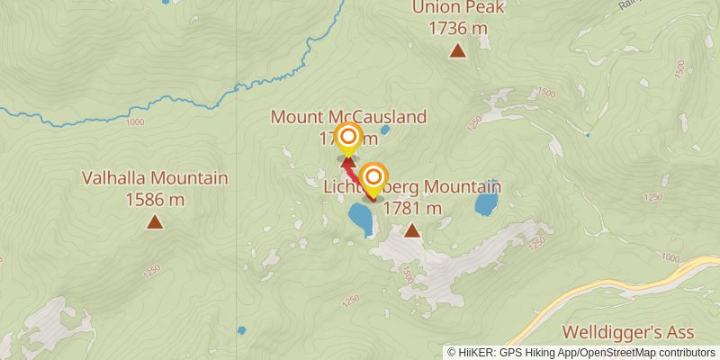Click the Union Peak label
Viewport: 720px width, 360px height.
click(x=458, y=8)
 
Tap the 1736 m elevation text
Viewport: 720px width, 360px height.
click(x=458, y=28)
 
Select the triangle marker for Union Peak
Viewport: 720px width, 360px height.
click(x=458, y=50)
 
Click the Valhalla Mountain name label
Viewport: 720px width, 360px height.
click(x=155, y=178)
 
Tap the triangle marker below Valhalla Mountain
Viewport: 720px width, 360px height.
click(x=155, y=220)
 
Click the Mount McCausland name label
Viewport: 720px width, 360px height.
click(x=348, y=117)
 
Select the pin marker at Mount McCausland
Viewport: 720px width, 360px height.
click(x=347, y=140)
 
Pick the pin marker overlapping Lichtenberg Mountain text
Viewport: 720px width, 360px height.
click(x=373, y=177)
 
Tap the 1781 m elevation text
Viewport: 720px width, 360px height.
click(x=412, y=209)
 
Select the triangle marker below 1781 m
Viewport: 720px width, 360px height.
click(x=412, y=231)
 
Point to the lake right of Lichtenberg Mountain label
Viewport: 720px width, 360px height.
click(x=487, y=202)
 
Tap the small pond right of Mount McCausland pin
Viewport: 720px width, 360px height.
click(x=385, y=130)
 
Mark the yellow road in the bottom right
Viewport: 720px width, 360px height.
click(x=621, y=283)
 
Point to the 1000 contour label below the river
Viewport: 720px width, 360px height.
click(x=135, y=122)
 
